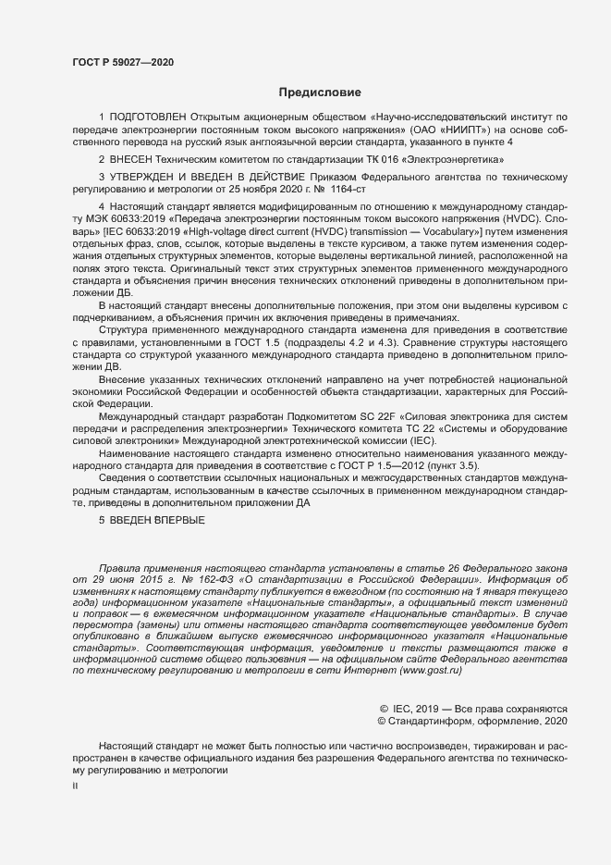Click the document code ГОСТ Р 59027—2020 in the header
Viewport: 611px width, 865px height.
tap(122, 63)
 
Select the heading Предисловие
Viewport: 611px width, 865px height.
tap(319, 93)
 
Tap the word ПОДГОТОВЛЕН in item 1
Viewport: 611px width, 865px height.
tap(148, 117)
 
